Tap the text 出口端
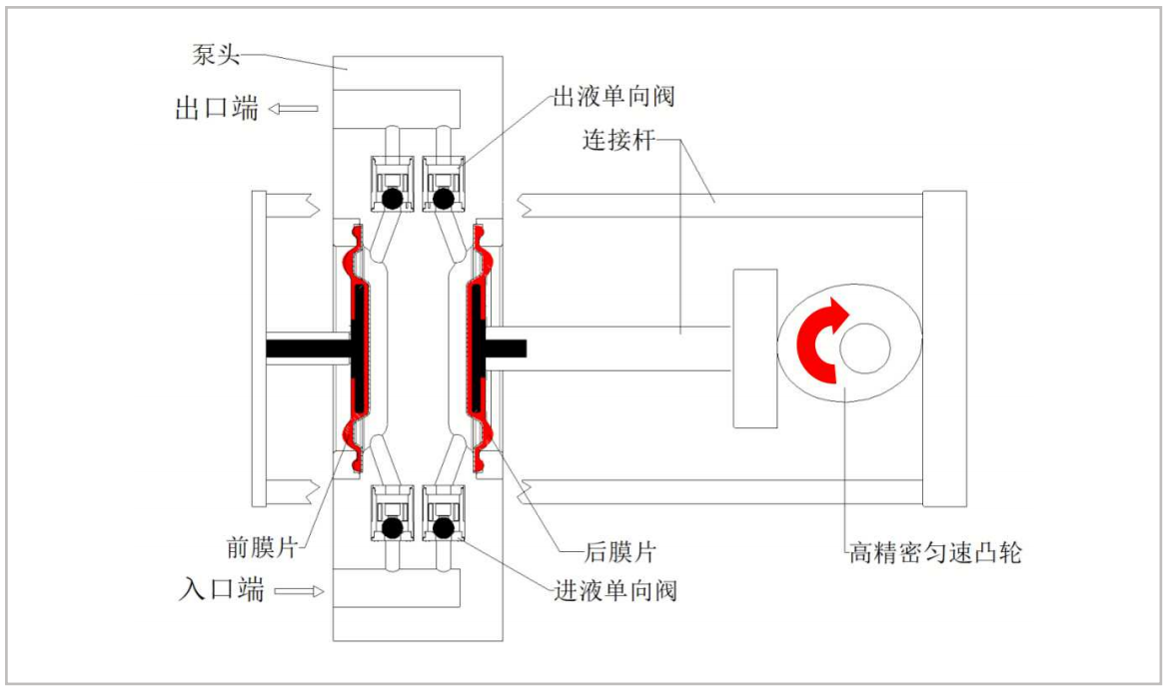coord(217,108)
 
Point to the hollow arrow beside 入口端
coord(300,591)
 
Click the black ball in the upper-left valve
coord(393,199)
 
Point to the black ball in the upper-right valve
coord(444,199)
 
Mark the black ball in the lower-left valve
coord(393,525)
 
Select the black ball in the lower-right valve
coord(444,525)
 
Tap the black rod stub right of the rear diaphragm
coord(507,347)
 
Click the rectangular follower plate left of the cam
coord(754,347)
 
